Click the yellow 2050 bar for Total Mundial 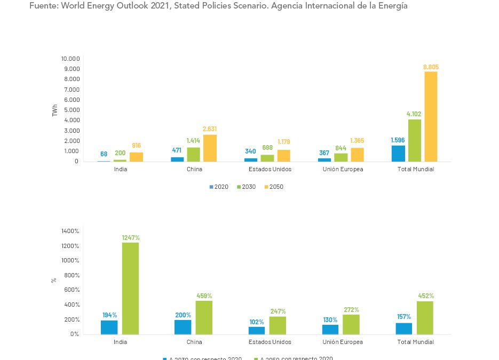pos(431,116)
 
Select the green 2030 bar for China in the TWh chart pos(194,154)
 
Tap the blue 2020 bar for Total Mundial pos(398,154)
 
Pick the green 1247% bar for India pos(130,288)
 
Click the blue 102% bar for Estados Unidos pos(256,331)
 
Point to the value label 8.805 pos(431,67)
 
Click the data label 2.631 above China pos(210,129)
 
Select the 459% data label pos(204,295)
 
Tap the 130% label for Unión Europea pos(330,319)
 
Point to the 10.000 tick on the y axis pos(70,59)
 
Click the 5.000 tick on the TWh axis pos(72,110)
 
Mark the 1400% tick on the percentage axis pos(70,231)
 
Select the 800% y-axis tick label pos(72,275)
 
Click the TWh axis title pos(54,110)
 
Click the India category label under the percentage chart pos(120,342)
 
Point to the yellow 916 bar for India pos(136,157)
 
